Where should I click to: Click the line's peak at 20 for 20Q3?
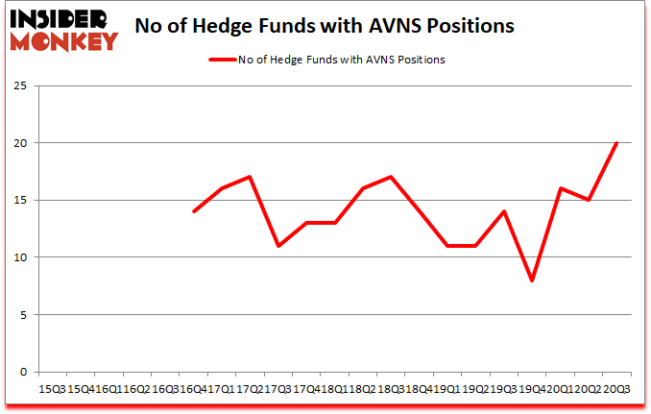pos(615,143)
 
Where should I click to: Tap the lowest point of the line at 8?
pos(532,280)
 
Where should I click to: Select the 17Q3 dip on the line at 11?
pos(278,246)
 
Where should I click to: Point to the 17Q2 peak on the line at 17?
pos(250,177)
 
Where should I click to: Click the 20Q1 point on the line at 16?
pos(560,188)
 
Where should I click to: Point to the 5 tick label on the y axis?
pos(21,314)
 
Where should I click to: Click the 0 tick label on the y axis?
pos(21,372)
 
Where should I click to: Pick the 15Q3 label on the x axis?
pos(52,389)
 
